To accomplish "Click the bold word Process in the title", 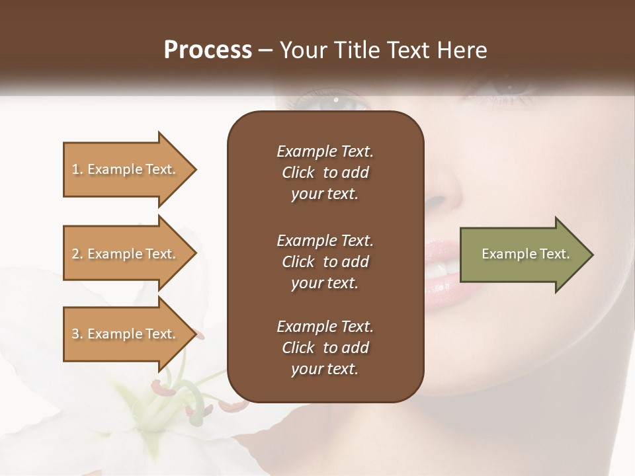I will (208, 50).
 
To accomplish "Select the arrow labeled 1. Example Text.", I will (126, 169).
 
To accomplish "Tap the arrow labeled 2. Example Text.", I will (126, 254).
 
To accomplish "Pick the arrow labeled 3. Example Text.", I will (126, 334).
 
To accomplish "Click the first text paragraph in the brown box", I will (325, 173).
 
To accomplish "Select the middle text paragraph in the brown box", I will (325, 262).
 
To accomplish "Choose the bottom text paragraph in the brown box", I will (325, 348).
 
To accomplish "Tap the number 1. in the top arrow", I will (77, 169).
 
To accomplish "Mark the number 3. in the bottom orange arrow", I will (77, 334).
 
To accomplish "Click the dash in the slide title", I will (265, 50).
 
